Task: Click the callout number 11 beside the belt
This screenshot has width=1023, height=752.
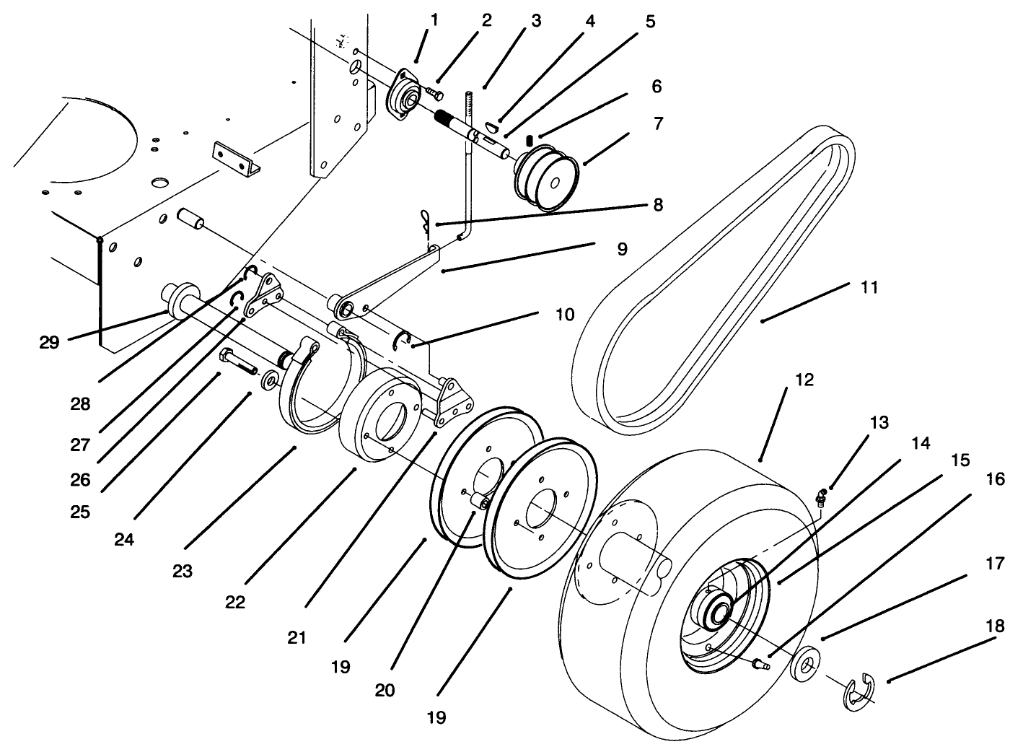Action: (870, 287)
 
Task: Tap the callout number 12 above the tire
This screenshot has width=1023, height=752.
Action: (804, 380)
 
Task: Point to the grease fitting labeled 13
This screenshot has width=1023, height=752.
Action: (822, 497)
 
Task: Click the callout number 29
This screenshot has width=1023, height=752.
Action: (49, 343)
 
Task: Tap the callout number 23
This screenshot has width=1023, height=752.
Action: (183, 571)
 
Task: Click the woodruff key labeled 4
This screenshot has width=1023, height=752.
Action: (493, 126)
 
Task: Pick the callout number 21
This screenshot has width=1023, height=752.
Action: (297, 637)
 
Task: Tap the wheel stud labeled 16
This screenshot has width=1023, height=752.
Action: (762, 663)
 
